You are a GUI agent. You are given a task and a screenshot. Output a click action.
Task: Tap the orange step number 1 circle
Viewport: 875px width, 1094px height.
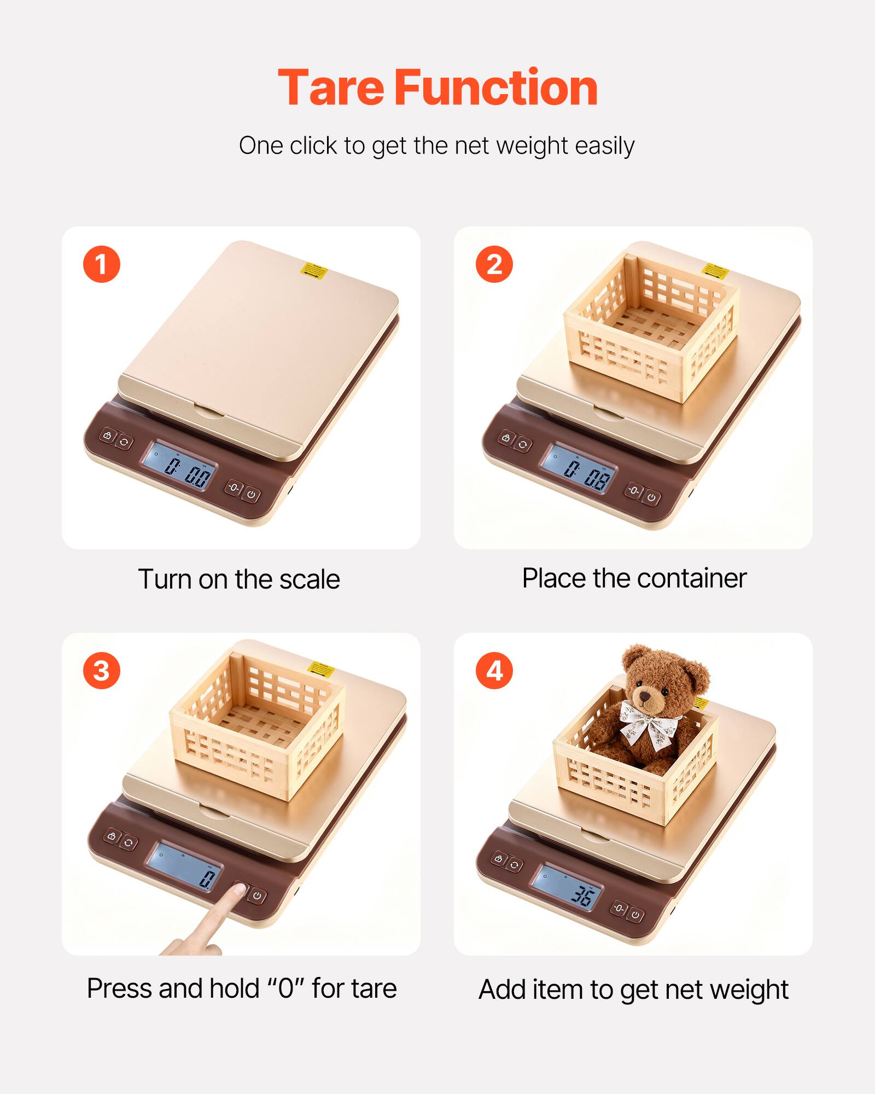pyautogui.click(x=102, y=264)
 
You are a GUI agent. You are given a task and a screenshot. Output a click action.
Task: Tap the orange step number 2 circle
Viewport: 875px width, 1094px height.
pyautogui.click(x=494, y=264)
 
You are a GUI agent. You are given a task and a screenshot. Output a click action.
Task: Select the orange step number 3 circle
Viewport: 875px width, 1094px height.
pyautogui.click(x=102, y=671)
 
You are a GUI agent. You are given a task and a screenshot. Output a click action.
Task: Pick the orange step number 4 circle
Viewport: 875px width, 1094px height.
pyautogui.click(x=494, y=671)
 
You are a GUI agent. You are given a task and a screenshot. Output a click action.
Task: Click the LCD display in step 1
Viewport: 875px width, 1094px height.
pyautogui.click(x=179, y=466)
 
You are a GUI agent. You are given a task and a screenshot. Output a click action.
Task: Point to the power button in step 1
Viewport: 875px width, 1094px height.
pyautogui.click(x=251, y=494)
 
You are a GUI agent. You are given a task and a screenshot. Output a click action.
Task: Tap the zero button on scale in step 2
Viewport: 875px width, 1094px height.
pyautogui.click(x=633, y=491)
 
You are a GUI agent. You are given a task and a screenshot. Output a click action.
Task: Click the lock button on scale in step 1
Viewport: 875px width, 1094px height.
pyautogui.click(x=107, y=436)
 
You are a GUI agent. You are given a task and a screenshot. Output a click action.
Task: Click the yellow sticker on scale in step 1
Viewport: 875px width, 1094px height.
pyautogui.click(x=315, y=271)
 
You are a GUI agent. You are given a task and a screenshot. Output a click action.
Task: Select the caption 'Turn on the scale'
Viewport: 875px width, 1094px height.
pyautogui.click(x=239, y=579)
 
